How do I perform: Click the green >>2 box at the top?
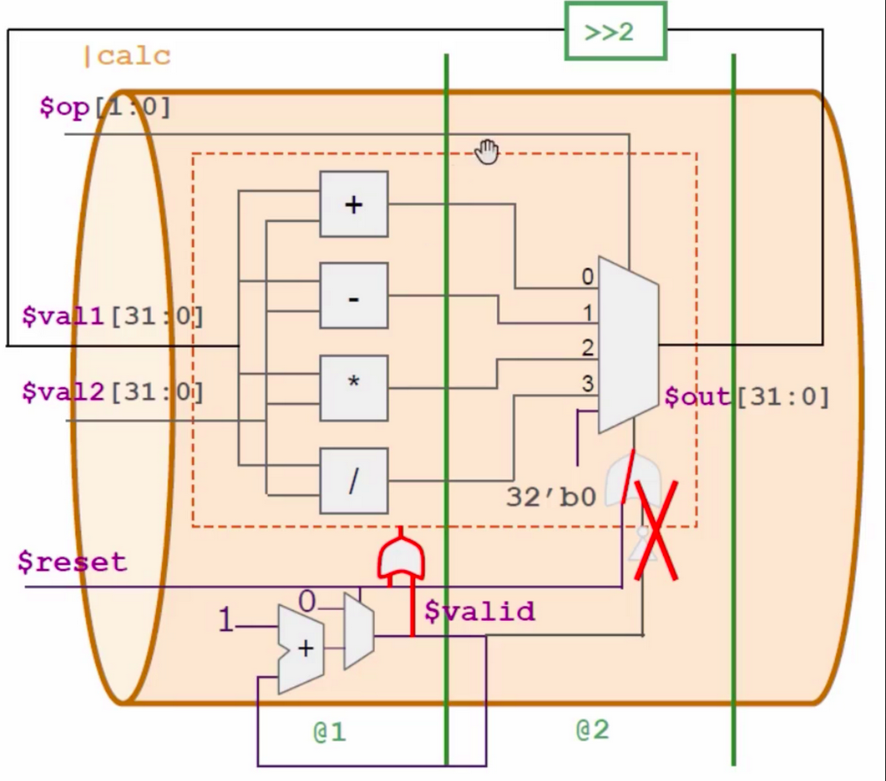click(x=614, y=31)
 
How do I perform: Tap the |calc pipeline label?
click(x=126, y=57)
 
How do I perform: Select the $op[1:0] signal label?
click(x=105, y=108)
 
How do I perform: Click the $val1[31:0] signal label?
click(x=112, y=317)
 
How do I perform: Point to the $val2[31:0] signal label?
click(x=112, y=391)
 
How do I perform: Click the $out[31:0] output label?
click(x=747, y=396)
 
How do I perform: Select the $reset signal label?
click(x=72, y=561)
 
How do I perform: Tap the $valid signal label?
click(x=479, y=612)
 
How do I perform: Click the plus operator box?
click(x=354, y=204)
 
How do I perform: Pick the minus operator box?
click(x=354, y=297)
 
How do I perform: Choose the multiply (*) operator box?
click(x=354, y=388)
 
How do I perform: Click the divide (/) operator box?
click(x=354, y=480)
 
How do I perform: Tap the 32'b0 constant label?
click(x=551, y=497)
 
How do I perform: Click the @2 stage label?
click(x=593, y=730)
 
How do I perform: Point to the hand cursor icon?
click(x=486, y=153)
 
